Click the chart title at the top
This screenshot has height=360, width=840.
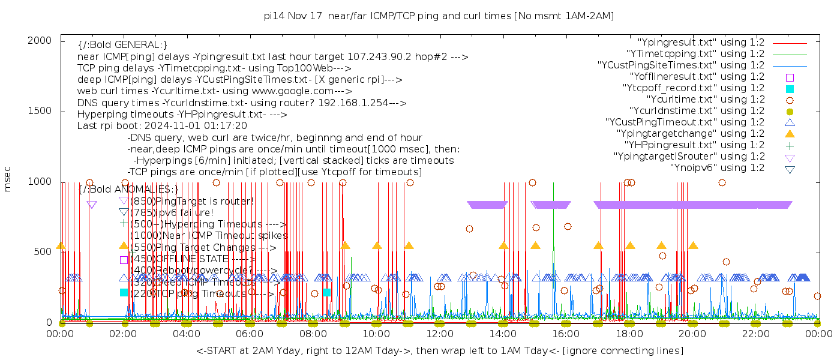coord(439,16)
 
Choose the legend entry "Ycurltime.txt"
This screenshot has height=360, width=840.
coord(705,100)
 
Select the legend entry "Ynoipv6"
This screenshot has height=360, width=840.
coord(717,168)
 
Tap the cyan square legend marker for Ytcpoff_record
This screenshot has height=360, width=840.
coord(790,88)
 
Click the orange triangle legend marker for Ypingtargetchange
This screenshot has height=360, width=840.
coord(790,134)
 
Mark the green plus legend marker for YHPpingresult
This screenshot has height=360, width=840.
coord(790,145)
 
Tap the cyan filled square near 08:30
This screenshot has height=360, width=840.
coord(326,292)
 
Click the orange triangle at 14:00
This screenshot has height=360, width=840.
coord(503,245)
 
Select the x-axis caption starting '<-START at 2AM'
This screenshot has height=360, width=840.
coord(439,350)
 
